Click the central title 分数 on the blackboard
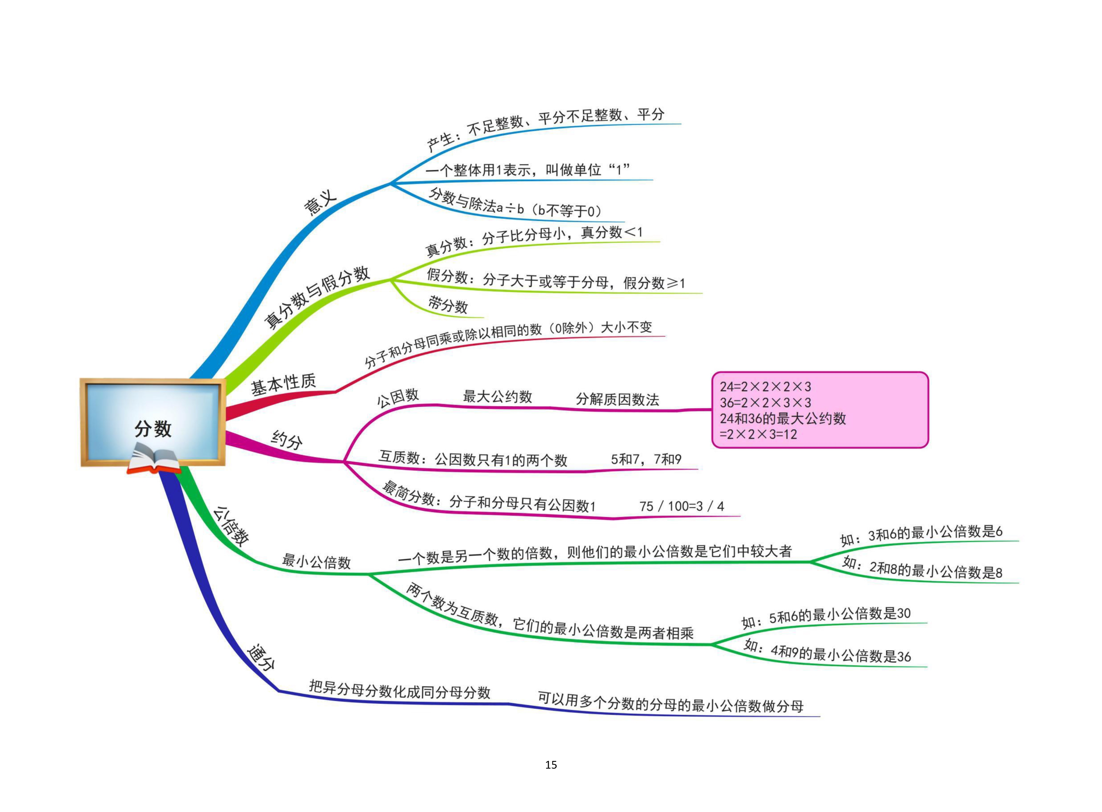[153, 429]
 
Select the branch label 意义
[320, 202]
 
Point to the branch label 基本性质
[284, 383]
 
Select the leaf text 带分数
[447, 305]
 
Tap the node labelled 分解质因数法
[617, 399]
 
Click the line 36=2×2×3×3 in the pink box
[765, 402]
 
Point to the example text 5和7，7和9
[646, 459]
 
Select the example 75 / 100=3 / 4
[681, 506]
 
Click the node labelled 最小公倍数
[316, 561]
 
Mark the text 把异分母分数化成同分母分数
[400, 690]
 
